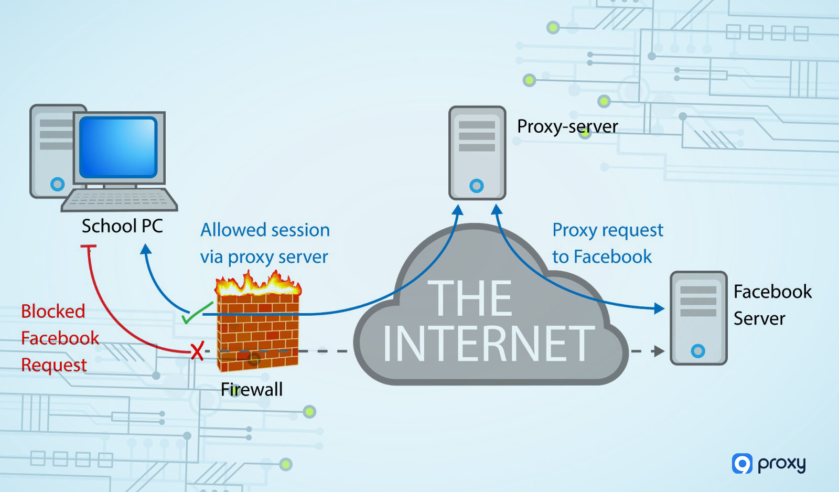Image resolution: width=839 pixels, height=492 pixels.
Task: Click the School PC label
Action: click(x=122, y=226)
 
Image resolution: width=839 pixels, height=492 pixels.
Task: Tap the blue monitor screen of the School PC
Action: click(x=119, y=147)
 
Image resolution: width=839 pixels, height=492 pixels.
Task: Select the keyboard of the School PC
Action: click(x=120, y=200)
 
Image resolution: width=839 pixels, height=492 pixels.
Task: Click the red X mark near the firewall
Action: click(x=197, y=350)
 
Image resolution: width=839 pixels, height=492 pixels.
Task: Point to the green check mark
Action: click(x=195, y=314)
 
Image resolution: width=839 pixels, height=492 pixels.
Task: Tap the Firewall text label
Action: click(x=251, y=390)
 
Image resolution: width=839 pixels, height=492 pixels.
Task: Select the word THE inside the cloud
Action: click(x=470, y=298)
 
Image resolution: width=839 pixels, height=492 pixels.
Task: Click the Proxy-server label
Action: click(x=567, y=126)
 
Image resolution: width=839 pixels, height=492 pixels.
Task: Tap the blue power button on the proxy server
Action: click(x=477, y=186)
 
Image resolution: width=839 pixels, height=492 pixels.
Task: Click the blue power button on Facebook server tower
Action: click(x=698, y=351)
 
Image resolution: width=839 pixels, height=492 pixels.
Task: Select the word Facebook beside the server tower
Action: click(x=772, y=292)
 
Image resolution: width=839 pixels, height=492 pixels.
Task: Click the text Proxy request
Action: click(x=608, y=230)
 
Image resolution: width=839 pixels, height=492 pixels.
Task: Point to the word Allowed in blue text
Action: click(x=233, y=230)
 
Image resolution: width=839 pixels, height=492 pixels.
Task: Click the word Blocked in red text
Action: click(x=53, y=312)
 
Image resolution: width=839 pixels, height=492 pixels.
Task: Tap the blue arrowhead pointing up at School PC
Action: click(x=146, y=249)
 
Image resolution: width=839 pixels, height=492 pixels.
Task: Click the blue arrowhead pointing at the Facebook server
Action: click(x=659, y=308)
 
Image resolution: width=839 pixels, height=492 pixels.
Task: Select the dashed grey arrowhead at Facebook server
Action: click(x=659, y=351)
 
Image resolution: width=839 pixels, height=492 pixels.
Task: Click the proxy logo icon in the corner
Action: click(x=742, y=464)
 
